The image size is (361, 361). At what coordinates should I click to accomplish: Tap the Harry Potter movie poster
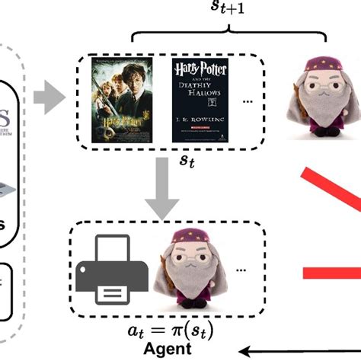pyautogui.click(x=125, y=99)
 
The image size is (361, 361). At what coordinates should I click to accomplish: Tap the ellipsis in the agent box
pyautogui.click(x=242, y=270)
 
